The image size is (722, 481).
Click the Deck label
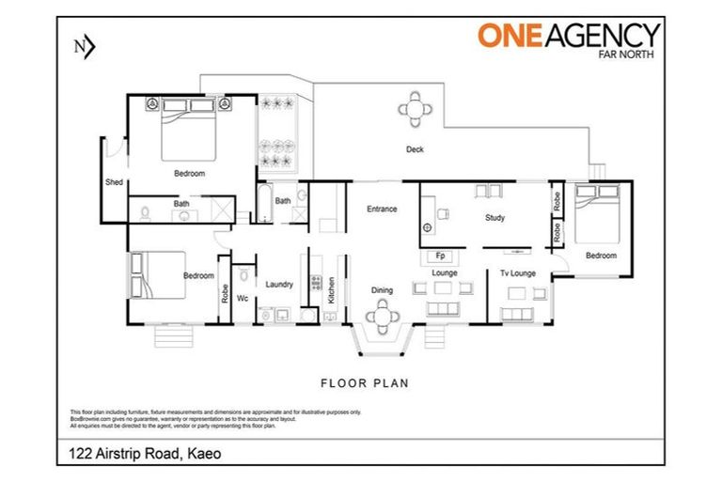click(415, 149)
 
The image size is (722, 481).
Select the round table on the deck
click(416, 109)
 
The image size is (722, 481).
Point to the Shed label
click(114, 181)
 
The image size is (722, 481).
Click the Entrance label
click(382, 209)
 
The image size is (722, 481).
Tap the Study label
click(495, 218)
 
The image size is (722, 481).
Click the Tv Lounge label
click(517, 272)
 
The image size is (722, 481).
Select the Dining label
click(382, 290)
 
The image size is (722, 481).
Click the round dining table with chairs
click(383, 317)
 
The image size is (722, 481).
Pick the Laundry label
click(279, 284)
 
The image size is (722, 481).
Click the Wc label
click(242, 299)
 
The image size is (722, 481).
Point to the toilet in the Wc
click(243, 275)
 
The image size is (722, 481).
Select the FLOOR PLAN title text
click(364, 382)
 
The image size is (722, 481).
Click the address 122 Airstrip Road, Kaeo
click(144, 454)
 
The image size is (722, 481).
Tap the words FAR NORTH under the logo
click(629, 54)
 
